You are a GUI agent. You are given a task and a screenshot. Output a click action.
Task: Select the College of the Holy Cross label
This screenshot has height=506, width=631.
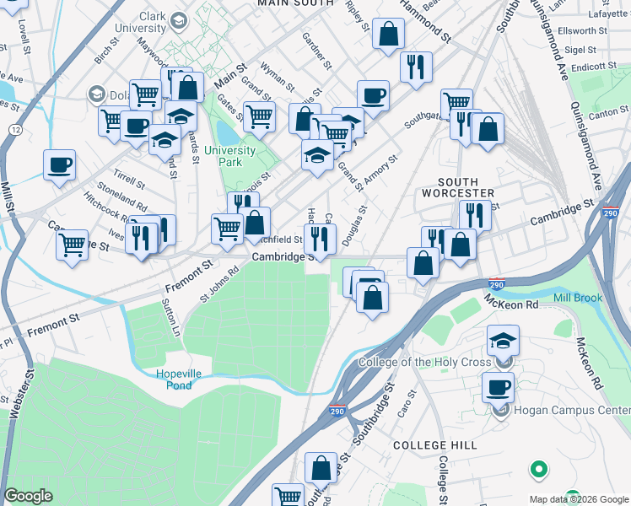(423, 363)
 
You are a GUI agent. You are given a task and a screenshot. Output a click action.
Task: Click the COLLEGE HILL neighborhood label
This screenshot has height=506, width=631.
(434, 444)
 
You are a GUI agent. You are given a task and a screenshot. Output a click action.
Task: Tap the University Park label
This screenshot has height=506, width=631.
(229, 157)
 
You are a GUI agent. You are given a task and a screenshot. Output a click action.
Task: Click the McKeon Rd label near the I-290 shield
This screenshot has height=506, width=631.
(510, 303)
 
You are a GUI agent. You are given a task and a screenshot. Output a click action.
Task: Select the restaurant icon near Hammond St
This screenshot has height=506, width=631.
(415, 67)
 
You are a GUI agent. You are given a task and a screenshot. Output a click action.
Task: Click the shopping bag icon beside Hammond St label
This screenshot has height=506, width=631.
(388, 35)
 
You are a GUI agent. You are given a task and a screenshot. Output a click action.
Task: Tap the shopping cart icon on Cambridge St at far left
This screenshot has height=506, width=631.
(73, 245)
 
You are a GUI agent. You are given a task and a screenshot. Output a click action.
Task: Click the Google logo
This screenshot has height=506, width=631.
(28, 496)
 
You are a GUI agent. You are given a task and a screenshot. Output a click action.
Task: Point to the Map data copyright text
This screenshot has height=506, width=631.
(579, 499)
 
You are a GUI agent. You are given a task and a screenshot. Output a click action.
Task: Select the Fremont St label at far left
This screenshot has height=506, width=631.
(52, 321)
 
